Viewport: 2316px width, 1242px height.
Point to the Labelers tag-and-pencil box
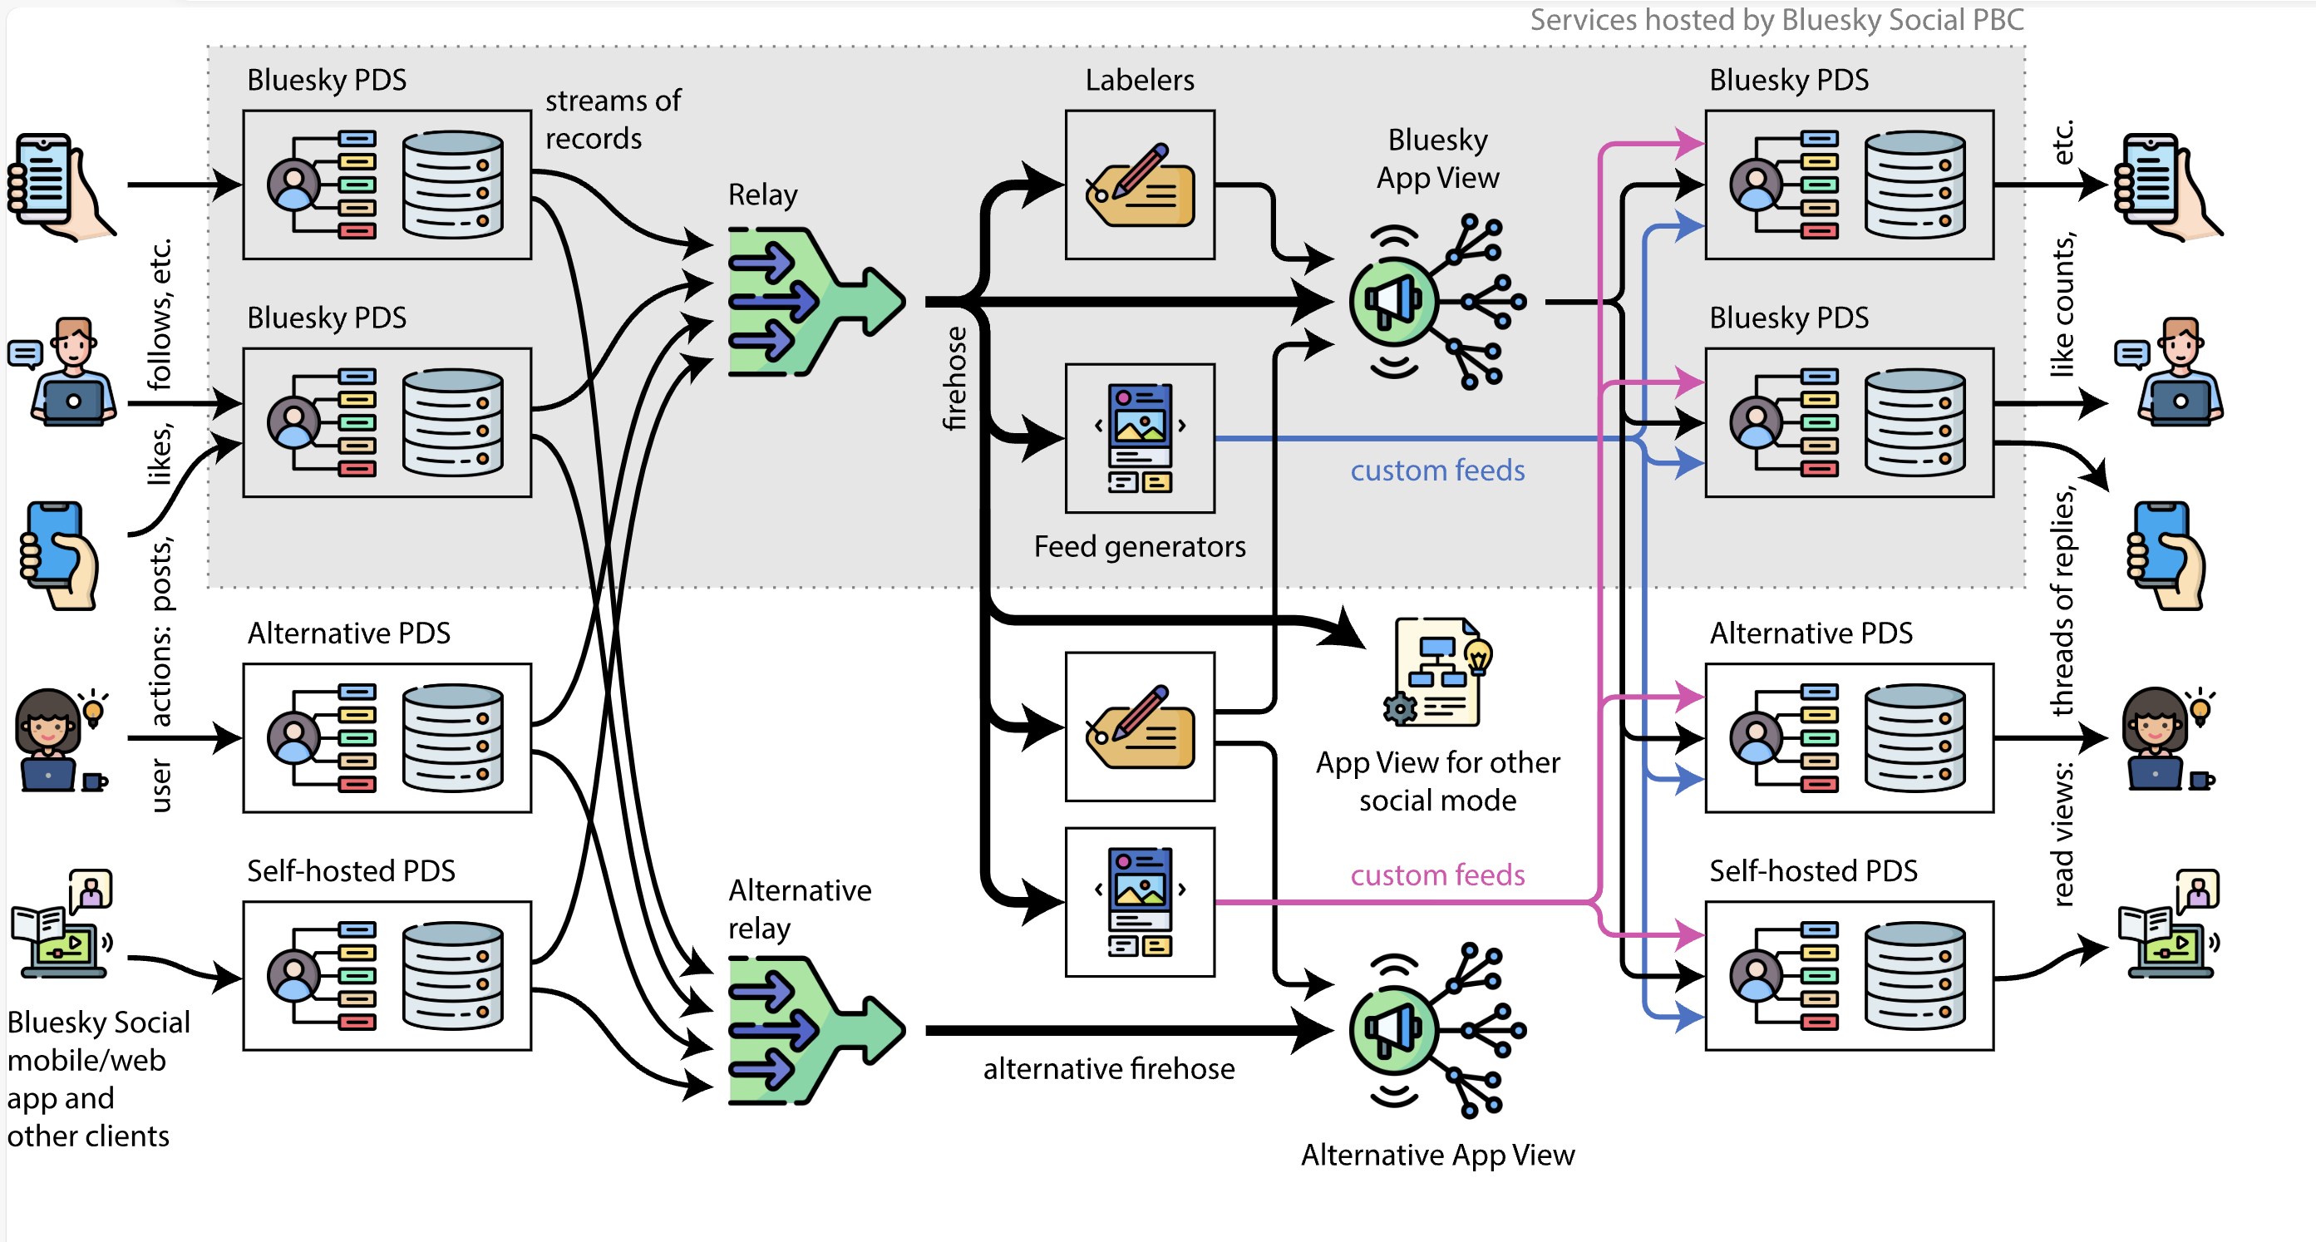[x=1139, y=185]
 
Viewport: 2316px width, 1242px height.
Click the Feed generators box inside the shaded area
[x=1139, y=438]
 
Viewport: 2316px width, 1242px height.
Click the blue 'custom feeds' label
[x=1436, y=471]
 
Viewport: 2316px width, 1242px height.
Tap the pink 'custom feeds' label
[x=1436, y=875]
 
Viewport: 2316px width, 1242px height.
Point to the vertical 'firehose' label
[x=955, y=377]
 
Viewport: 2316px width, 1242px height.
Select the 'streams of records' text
[x=611, y=120]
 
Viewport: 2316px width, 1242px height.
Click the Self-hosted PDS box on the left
[x=387, y=976]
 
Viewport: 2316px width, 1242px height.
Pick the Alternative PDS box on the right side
[x=1849, y=737]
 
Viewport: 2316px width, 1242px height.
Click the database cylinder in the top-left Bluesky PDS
[x=452, y=185]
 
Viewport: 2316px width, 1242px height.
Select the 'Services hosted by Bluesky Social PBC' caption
[x=1776, y=20]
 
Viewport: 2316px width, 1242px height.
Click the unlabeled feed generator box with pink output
[x=1139, y=902]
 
